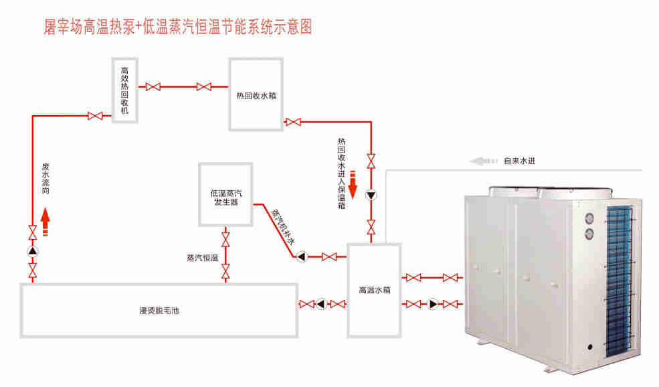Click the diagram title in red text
[x=177, y=26]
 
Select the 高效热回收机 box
[x=124, y=90]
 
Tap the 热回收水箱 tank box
[x=256, y=94]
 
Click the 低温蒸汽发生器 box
[x=225, y=193]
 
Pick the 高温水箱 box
[x=374, y=289]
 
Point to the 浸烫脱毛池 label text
[x=159, y=310]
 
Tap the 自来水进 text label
[x=520, y=161]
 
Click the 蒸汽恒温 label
[x=203, y=256]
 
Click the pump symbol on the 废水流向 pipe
[x=33, y=252]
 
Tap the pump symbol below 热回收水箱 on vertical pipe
[x=371, y=196]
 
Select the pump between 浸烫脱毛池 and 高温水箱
[x=322, y=305]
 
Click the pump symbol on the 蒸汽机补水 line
[x=302, y=256]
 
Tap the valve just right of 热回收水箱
[x=292, y=122]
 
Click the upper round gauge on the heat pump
[x=590, y=218]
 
